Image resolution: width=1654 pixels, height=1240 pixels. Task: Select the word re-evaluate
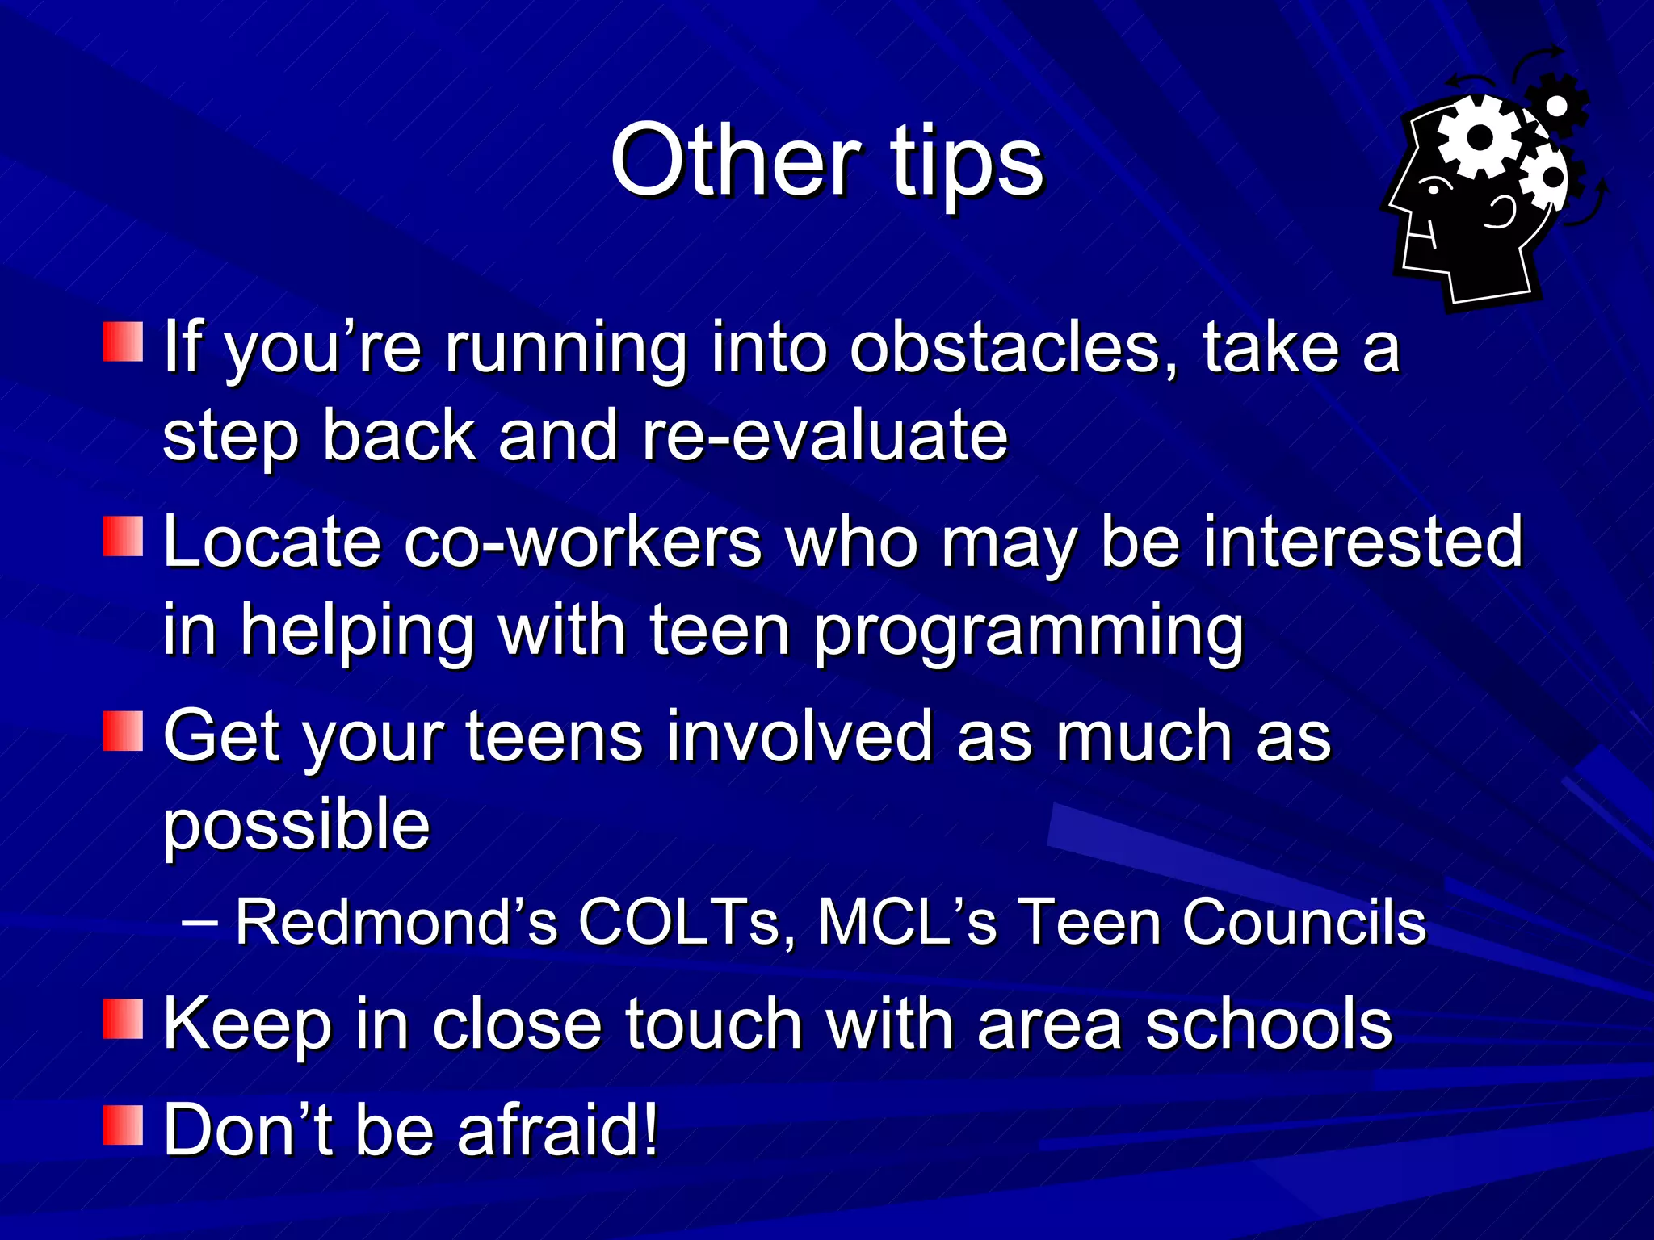pyautogui.click(x=825, y=436)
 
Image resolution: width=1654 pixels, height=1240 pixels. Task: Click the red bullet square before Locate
pyautogui.click(x=123, y=537)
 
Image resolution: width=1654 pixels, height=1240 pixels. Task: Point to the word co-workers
pyautogui.click(x=582, y=542)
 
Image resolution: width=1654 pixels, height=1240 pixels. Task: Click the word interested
pyautogui.click(x=1362, y=542)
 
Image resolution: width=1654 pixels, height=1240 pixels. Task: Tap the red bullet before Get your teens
pyautogui.click(x=123, y=731)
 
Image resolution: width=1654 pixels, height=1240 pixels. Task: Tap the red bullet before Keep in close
pyautogui.click(x=123, y=1019)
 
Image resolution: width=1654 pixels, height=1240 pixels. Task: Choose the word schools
pyautogui.click(x=1268, y=1024)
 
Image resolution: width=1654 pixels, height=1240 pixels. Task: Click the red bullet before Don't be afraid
pyautogui.click(x=123, y=1125)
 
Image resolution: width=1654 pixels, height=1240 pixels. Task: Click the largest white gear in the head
pyautogui.click(x=1480, y=137)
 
